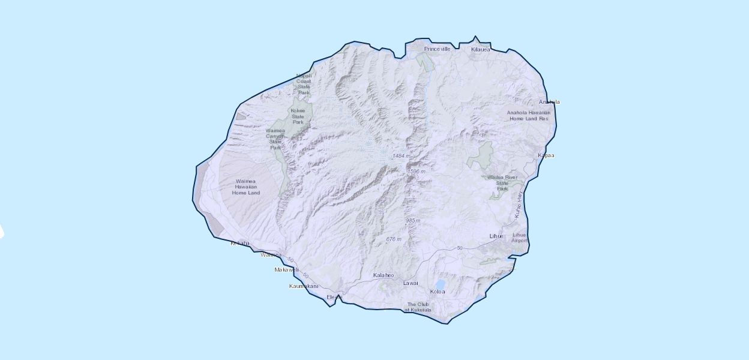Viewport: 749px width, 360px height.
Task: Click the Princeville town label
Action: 437,49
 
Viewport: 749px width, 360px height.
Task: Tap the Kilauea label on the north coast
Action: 480,49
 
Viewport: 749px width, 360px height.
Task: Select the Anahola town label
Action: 549,102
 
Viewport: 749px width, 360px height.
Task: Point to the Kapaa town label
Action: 546,155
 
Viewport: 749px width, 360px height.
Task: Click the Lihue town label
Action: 496,236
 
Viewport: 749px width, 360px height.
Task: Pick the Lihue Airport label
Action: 520,238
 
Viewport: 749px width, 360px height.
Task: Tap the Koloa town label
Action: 438,292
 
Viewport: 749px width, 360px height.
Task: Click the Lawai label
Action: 411,283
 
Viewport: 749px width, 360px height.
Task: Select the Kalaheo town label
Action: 384,275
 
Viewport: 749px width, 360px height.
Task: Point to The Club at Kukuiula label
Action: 418,307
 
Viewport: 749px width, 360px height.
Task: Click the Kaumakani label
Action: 303,286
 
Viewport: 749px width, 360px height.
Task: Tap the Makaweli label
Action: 286,270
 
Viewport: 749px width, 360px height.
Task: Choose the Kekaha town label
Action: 239,243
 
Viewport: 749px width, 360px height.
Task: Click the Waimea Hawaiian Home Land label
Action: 247,187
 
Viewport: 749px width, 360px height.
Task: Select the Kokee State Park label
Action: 298,116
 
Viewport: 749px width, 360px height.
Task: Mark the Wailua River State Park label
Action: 502,182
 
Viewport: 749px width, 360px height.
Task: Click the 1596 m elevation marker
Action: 417,172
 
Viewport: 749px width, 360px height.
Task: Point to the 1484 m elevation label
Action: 402,156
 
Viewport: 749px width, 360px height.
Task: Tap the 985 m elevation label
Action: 412,221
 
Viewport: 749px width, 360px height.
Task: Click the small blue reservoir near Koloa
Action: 441,283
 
